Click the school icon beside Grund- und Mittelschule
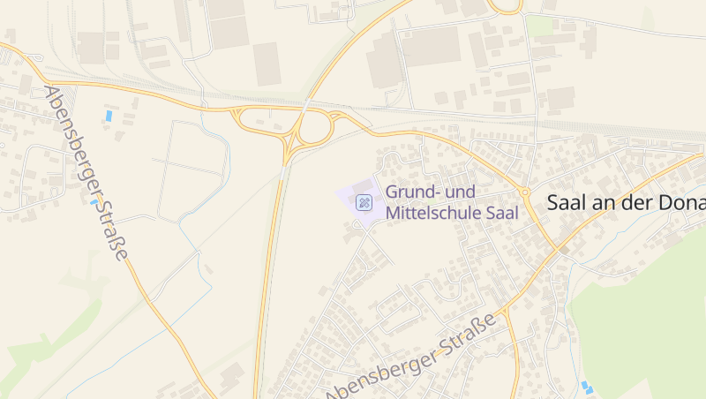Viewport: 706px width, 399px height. pyautogui.click(x=363, y=203)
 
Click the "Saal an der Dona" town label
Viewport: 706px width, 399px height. pyautogui.click(x=626, y=203)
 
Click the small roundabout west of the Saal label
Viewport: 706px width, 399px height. pyautogui.click(x=524, y=192)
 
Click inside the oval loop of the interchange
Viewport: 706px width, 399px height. pyautogui.click(x=313, y=129)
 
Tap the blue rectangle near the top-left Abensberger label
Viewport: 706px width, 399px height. pyautogui.click(x=109, y=116)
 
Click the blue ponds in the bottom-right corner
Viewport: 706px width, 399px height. pyautogui.click(x=587, y=387)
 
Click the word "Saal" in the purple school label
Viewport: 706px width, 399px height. pyautogui.click(x=499, y=212)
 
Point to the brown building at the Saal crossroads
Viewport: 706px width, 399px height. pyautogui.click(x=563, y=251)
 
